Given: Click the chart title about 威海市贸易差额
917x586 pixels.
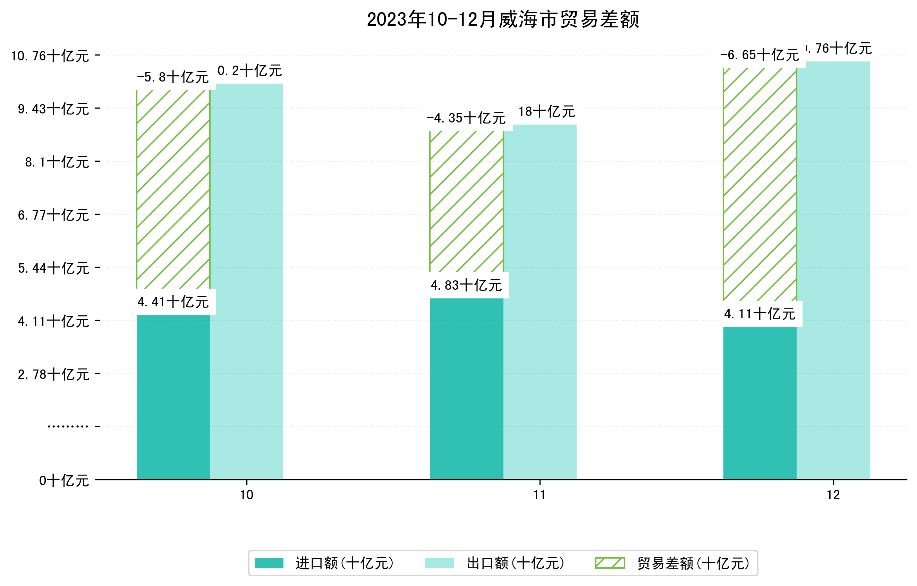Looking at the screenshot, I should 503,19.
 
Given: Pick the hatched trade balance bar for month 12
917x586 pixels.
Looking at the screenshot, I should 759,184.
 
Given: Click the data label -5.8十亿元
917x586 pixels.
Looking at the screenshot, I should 173,77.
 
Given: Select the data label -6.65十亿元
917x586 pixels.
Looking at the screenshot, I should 759,55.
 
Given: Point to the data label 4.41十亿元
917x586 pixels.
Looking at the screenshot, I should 173,302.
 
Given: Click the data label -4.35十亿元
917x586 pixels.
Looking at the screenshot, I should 466,118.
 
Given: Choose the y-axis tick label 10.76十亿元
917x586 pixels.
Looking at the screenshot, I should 50,56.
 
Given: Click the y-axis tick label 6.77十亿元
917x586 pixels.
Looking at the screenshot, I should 53,215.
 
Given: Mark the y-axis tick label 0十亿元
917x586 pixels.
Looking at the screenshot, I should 64,481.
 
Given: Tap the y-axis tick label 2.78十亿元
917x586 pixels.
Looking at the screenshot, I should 53,374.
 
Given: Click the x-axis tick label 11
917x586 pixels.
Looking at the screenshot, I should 540,495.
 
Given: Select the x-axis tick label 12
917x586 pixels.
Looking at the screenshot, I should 833,495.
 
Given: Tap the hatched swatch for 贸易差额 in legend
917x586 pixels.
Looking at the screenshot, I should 610,563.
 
